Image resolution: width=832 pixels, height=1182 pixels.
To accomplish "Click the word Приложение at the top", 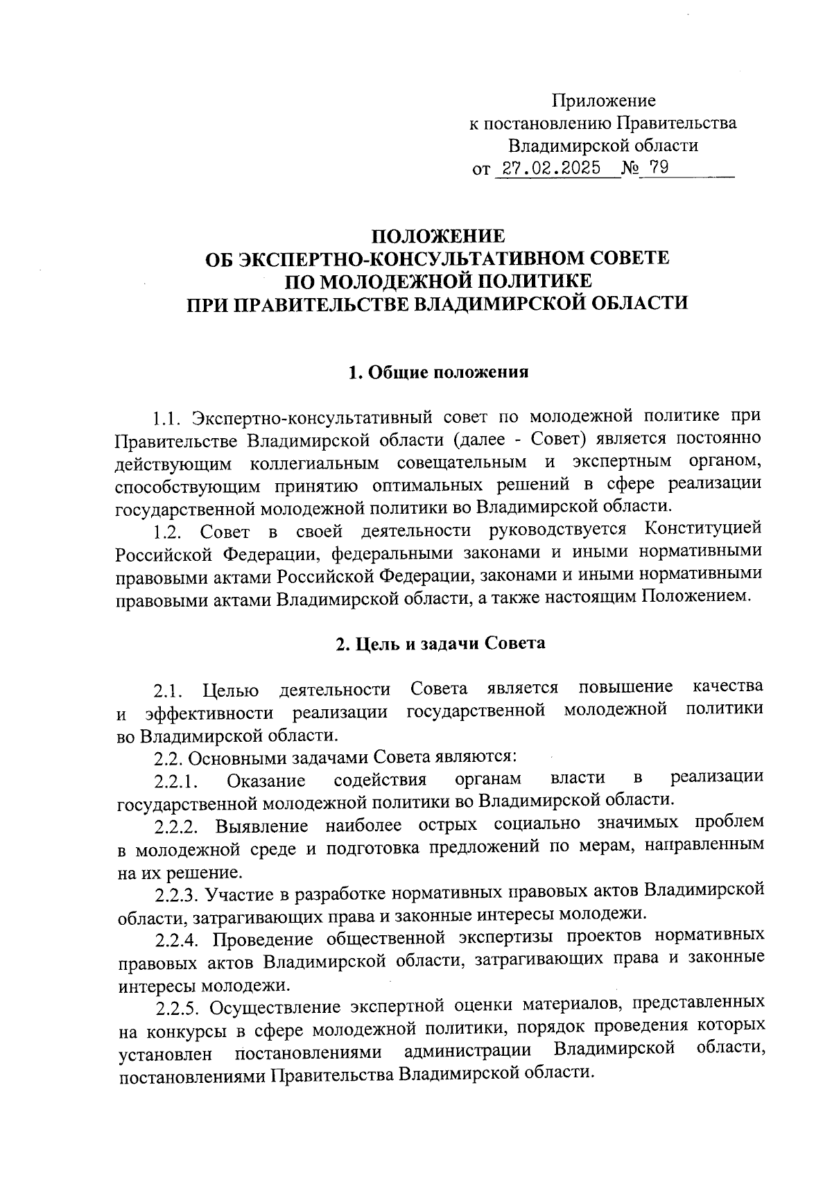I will click(603, 101).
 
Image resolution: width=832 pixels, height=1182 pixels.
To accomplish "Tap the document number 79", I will click(659, 168).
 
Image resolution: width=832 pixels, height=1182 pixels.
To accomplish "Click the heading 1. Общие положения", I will click(438, 372).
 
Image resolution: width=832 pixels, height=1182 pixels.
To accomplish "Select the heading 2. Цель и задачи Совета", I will click(440, 643).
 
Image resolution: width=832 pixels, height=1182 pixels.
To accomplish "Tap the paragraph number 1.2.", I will click(168, 532).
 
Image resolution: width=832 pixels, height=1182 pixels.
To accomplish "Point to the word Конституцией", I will click(703, 530).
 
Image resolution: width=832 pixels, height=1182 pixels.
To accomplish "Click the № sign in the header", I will click(631, 168).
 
